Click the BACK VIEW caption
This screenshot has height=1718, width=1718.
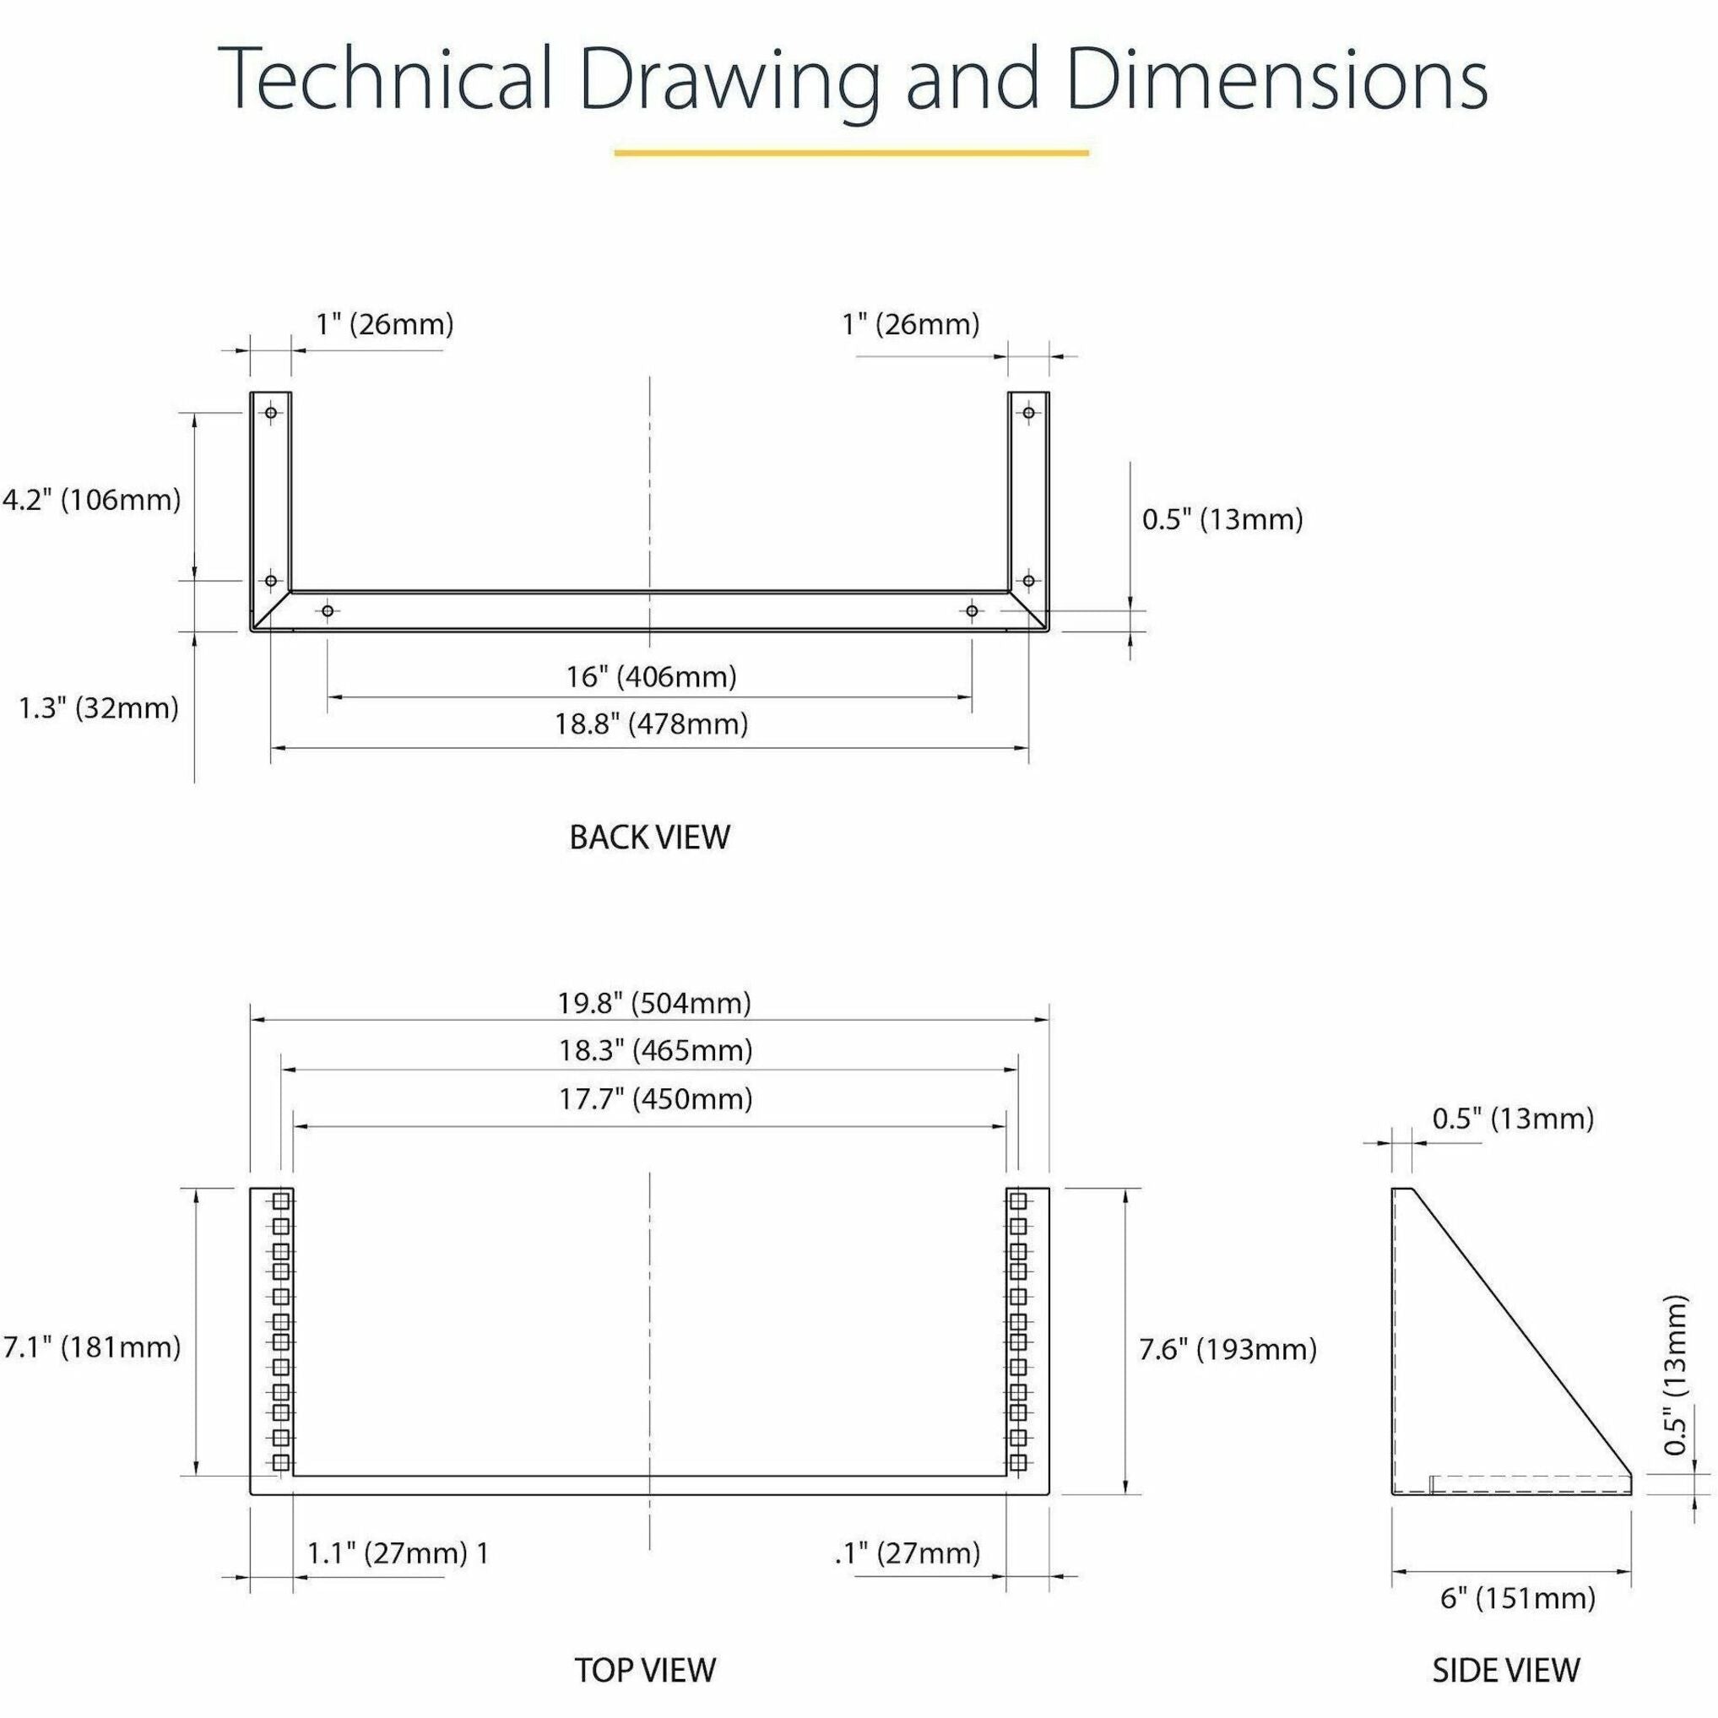point(649,837)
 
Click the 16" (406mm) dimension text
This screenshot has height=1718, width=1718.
point(652,678)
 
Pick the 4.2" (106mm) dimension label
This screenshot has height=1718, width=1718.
point(91,501)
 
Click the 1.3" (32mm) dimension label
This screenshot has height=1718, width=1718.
point(99,708)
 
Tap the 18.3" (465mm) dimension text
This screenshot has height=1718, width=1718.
point(655,1051)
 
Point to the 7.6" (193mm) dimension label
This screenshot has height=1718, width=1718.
point(1228,1350)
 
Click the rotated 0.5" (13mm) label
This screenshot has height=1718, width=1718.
point(1675,1374)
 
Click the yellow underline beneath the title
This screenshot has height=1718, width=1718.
point(851,153)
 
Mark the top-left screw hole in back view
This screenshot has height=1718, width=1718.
point(271,413)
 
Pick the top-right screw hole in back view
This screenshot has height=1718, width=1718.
point(1029,413)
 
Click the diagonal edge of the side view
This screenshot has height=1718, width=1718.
point(1521,1331)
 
